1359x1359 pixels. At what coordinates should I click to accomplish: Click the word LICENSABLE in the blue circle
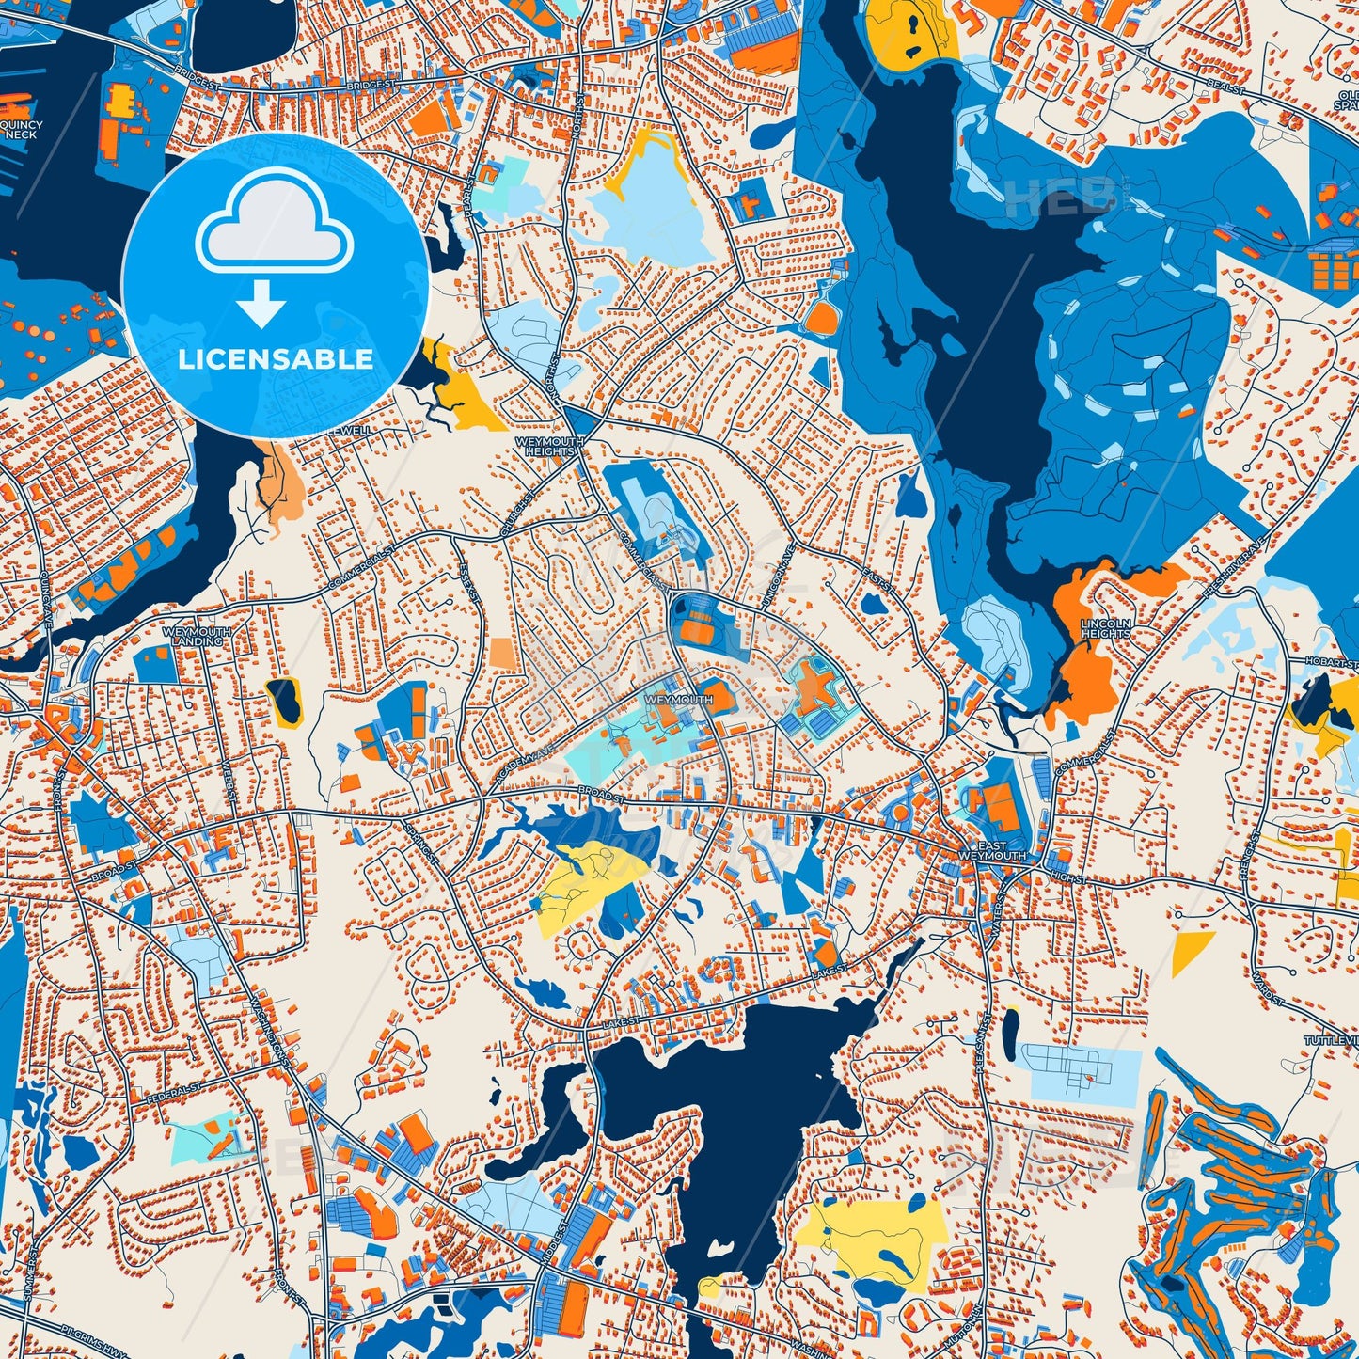point(276,359)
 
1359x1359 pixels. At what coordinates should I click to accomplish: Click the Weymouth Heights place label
point(549,446)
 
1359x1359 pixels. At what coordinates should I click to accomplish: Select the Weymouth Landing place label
point(197,637)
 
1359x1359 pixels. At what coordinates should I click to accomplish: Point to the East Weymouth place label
point(992,852)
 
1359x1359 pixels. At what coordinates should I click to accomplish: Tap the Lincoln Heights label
point(1105,628)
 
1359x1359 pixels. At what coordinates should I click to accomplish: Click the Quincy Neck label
point(21,130)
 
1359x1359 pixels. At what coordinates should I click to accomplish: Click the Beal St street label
point(1225,87)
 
